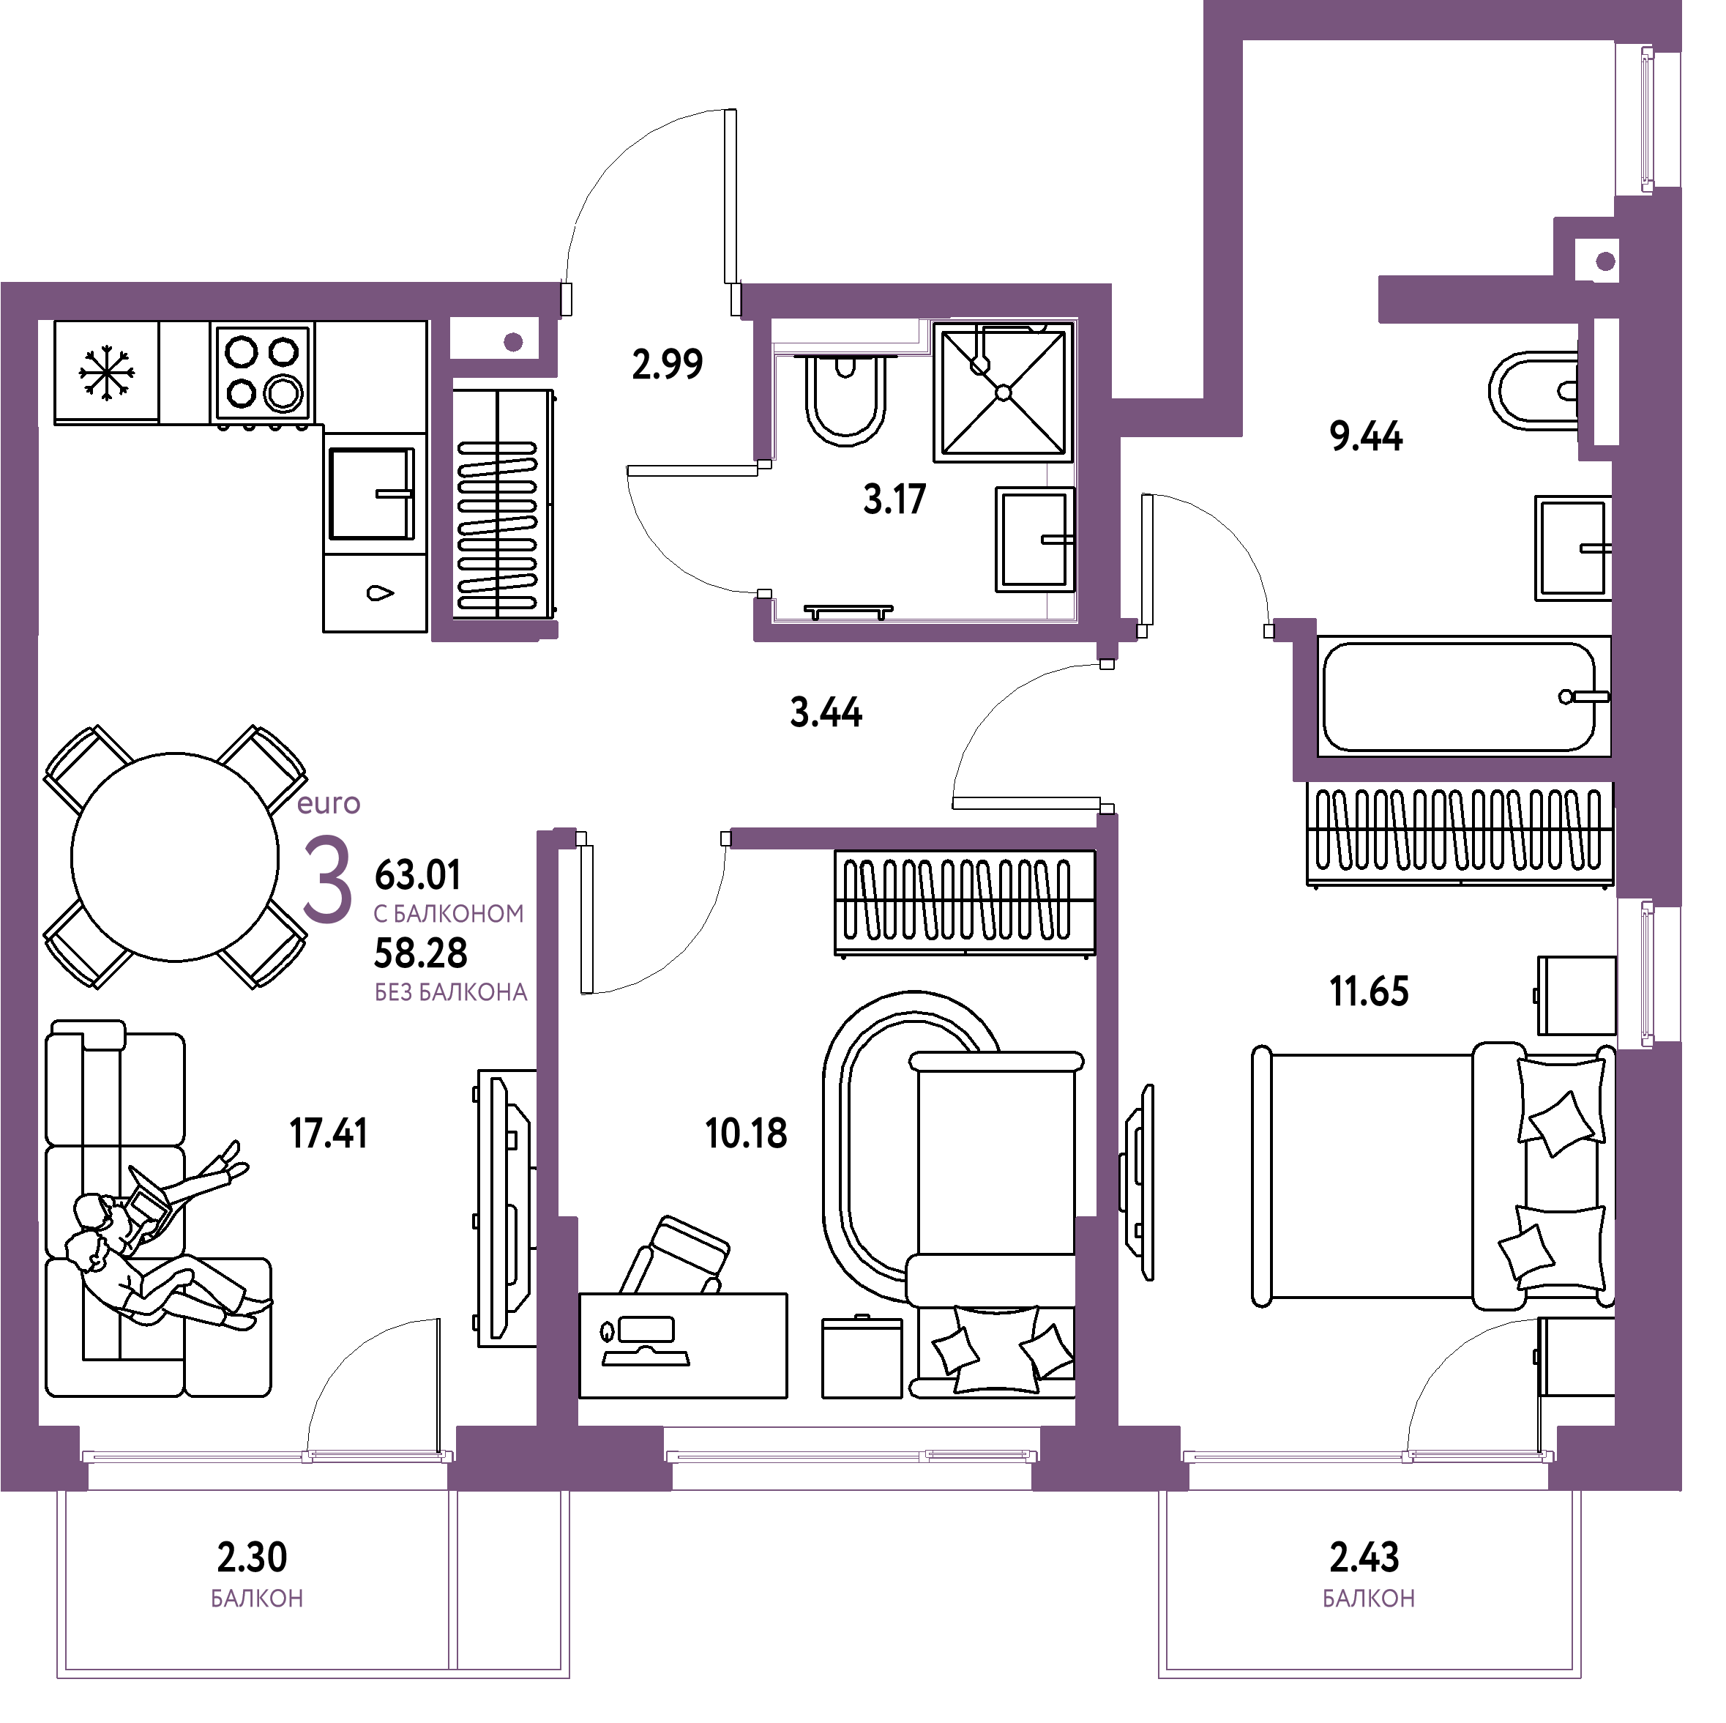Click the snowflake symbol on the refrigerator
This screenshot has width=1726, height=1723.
pyautogui.click(x=107, y=373)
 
